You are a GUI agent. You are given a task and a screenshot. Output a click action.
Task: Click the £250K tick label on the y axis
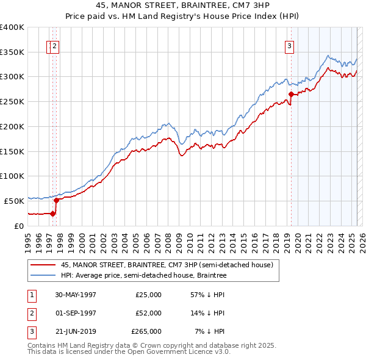(x=12, y=102)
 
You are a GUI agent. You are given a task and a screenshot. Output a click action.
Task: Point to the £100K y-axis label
(x=12, y=176)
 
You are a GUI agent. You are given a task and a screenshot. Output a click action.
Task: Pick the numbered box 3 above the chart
(x=289, y=45)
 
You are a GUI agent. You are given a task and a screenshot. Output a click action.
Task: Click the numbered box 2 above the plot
(x=54, y=45)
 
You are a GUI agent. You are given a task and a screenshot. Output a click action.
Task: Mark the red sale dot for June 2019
(x=291, y=94)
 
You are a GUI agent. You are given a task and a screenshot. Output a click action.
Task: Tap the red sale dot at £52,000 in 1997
(x=56, y=200)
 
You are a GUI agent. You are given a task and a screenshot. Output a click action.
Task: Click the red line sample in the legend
(x=41, y=265)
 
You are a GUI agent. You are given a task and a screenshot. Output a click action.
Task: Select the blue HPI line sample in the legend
(x=41, y=276)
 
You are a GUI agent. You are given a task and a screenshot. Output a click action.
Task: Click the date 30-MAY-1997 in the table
(x=75, y=294)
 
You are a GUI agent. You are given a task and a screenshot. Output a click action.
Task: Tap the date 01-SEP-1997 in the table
(x=75, y=312)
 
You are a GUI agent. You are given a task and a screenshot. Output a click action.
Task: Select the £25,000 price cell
(x=149, y=294)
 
